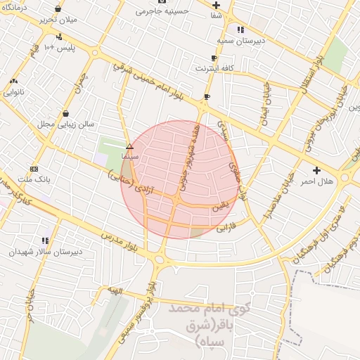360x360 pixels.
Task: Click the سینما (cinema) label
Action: [129, 155]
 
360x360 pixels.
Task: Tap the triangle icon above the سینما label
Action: [129, 146]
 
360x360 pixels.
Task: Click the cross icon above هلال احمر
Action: [316, 170]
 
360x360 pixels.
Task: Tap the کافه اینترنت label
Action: [214, 68]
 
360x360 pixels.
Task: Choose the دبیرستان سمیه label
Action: [240, 40]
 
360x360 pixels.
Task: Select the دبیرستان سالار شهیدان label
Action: [46, 251]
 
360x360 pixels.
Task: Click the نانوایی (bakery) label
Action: [14, 91]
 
